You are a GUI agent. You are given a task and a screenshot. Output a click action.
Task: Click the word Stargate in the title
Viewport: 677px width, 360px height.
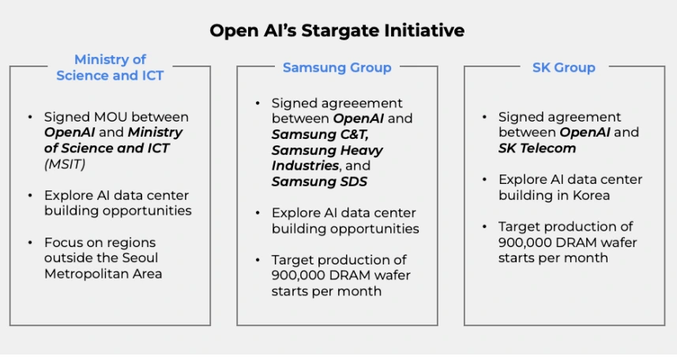(340, 31)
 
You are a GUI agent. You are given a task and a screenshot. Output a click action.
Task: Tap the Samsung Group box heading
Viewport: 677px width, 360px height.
(337, 67)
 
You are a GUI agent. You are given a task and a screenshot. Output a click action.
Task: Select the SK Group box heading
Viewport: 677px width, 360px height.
(563, 67)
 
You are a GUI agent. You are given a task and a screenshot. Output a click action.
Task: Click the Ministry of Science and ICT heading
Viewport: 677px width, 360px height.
(110, 67)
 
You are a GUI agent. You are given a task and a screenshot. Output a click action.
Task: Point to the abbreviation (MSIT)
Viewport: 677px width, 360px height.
(65, 164)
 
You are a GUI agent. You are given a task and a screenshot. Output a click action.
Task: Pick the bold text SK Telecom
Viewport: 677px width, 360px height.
(536, 148)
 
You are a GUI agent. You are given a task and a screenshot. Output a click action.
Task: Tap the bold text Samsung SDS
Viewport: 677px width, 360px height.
(319, 182)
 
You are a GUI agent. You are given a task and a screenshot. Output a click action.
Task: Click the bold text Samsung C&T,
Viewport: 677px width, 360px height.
(320, 134)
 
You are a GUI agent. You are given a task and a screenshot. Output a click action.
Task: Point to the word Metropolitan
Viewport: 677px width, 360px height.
(80, 274)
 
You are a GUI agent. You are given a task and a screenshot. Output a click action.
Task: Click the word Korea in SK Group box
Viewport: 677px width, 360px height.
(591, 195)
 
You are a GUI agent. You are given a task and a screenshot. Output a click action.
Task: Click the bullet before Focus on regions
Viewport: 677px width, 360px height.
(30, 242)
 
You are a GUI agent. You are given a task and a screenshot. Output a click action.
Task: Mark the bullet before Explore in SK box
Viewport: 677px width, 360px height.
(484, 179)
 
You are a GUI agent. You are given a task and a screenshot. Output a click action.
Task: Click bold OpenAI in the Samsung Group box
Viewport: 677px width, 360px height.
(359, 118)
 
